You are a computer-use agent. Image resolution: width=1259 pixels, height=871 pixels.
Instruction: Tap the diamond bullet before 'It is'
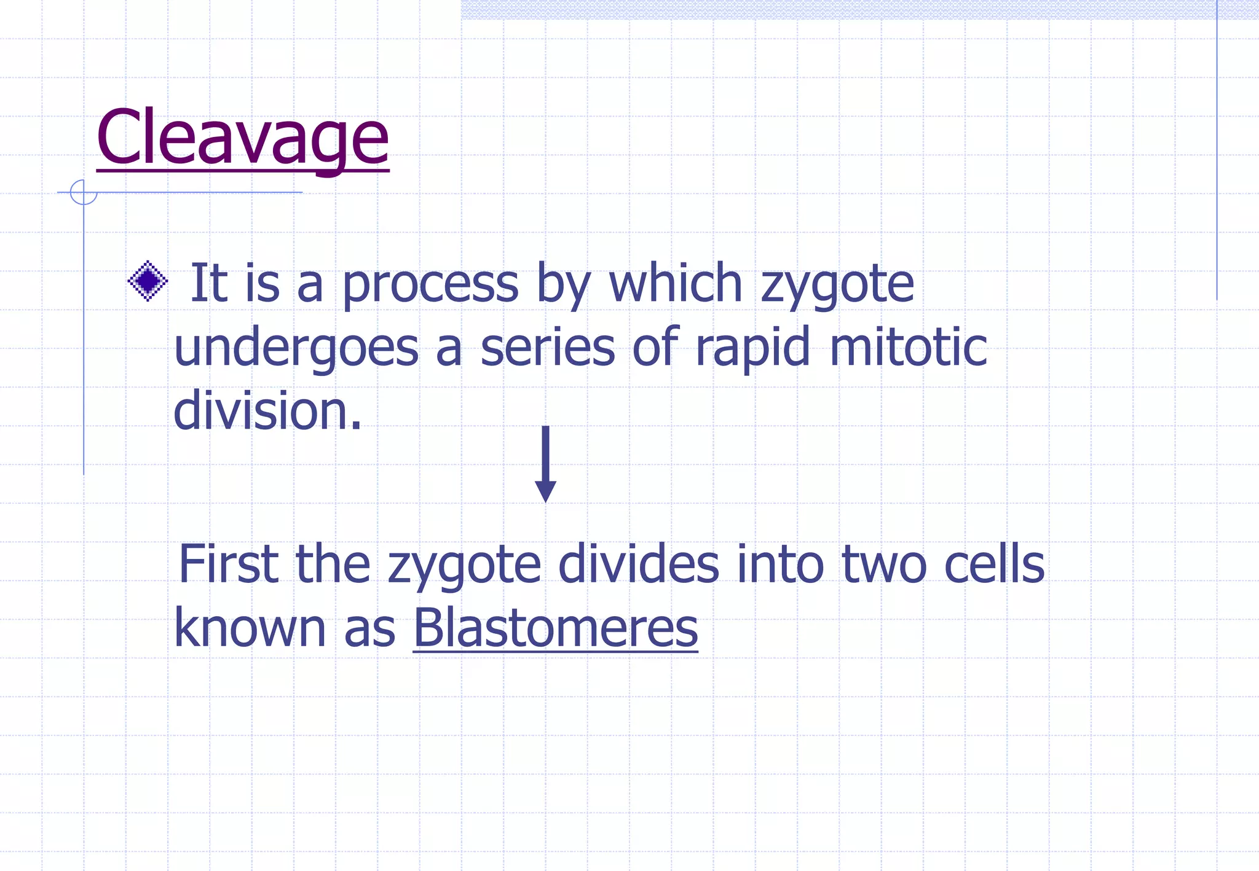[148, 281]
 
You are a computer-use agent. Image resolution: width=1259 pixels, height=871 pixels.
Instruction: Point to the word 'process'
[430, 284]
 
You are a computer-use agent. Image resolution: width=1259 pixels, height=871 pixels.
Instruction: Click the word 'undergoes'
[296, 348]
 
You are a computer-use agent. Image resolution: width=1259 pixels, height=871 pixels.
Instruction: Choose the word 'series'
[547, 348]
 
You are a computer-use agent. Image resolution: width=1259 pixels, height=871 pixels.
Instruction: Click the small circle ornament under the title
[84, 192]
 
